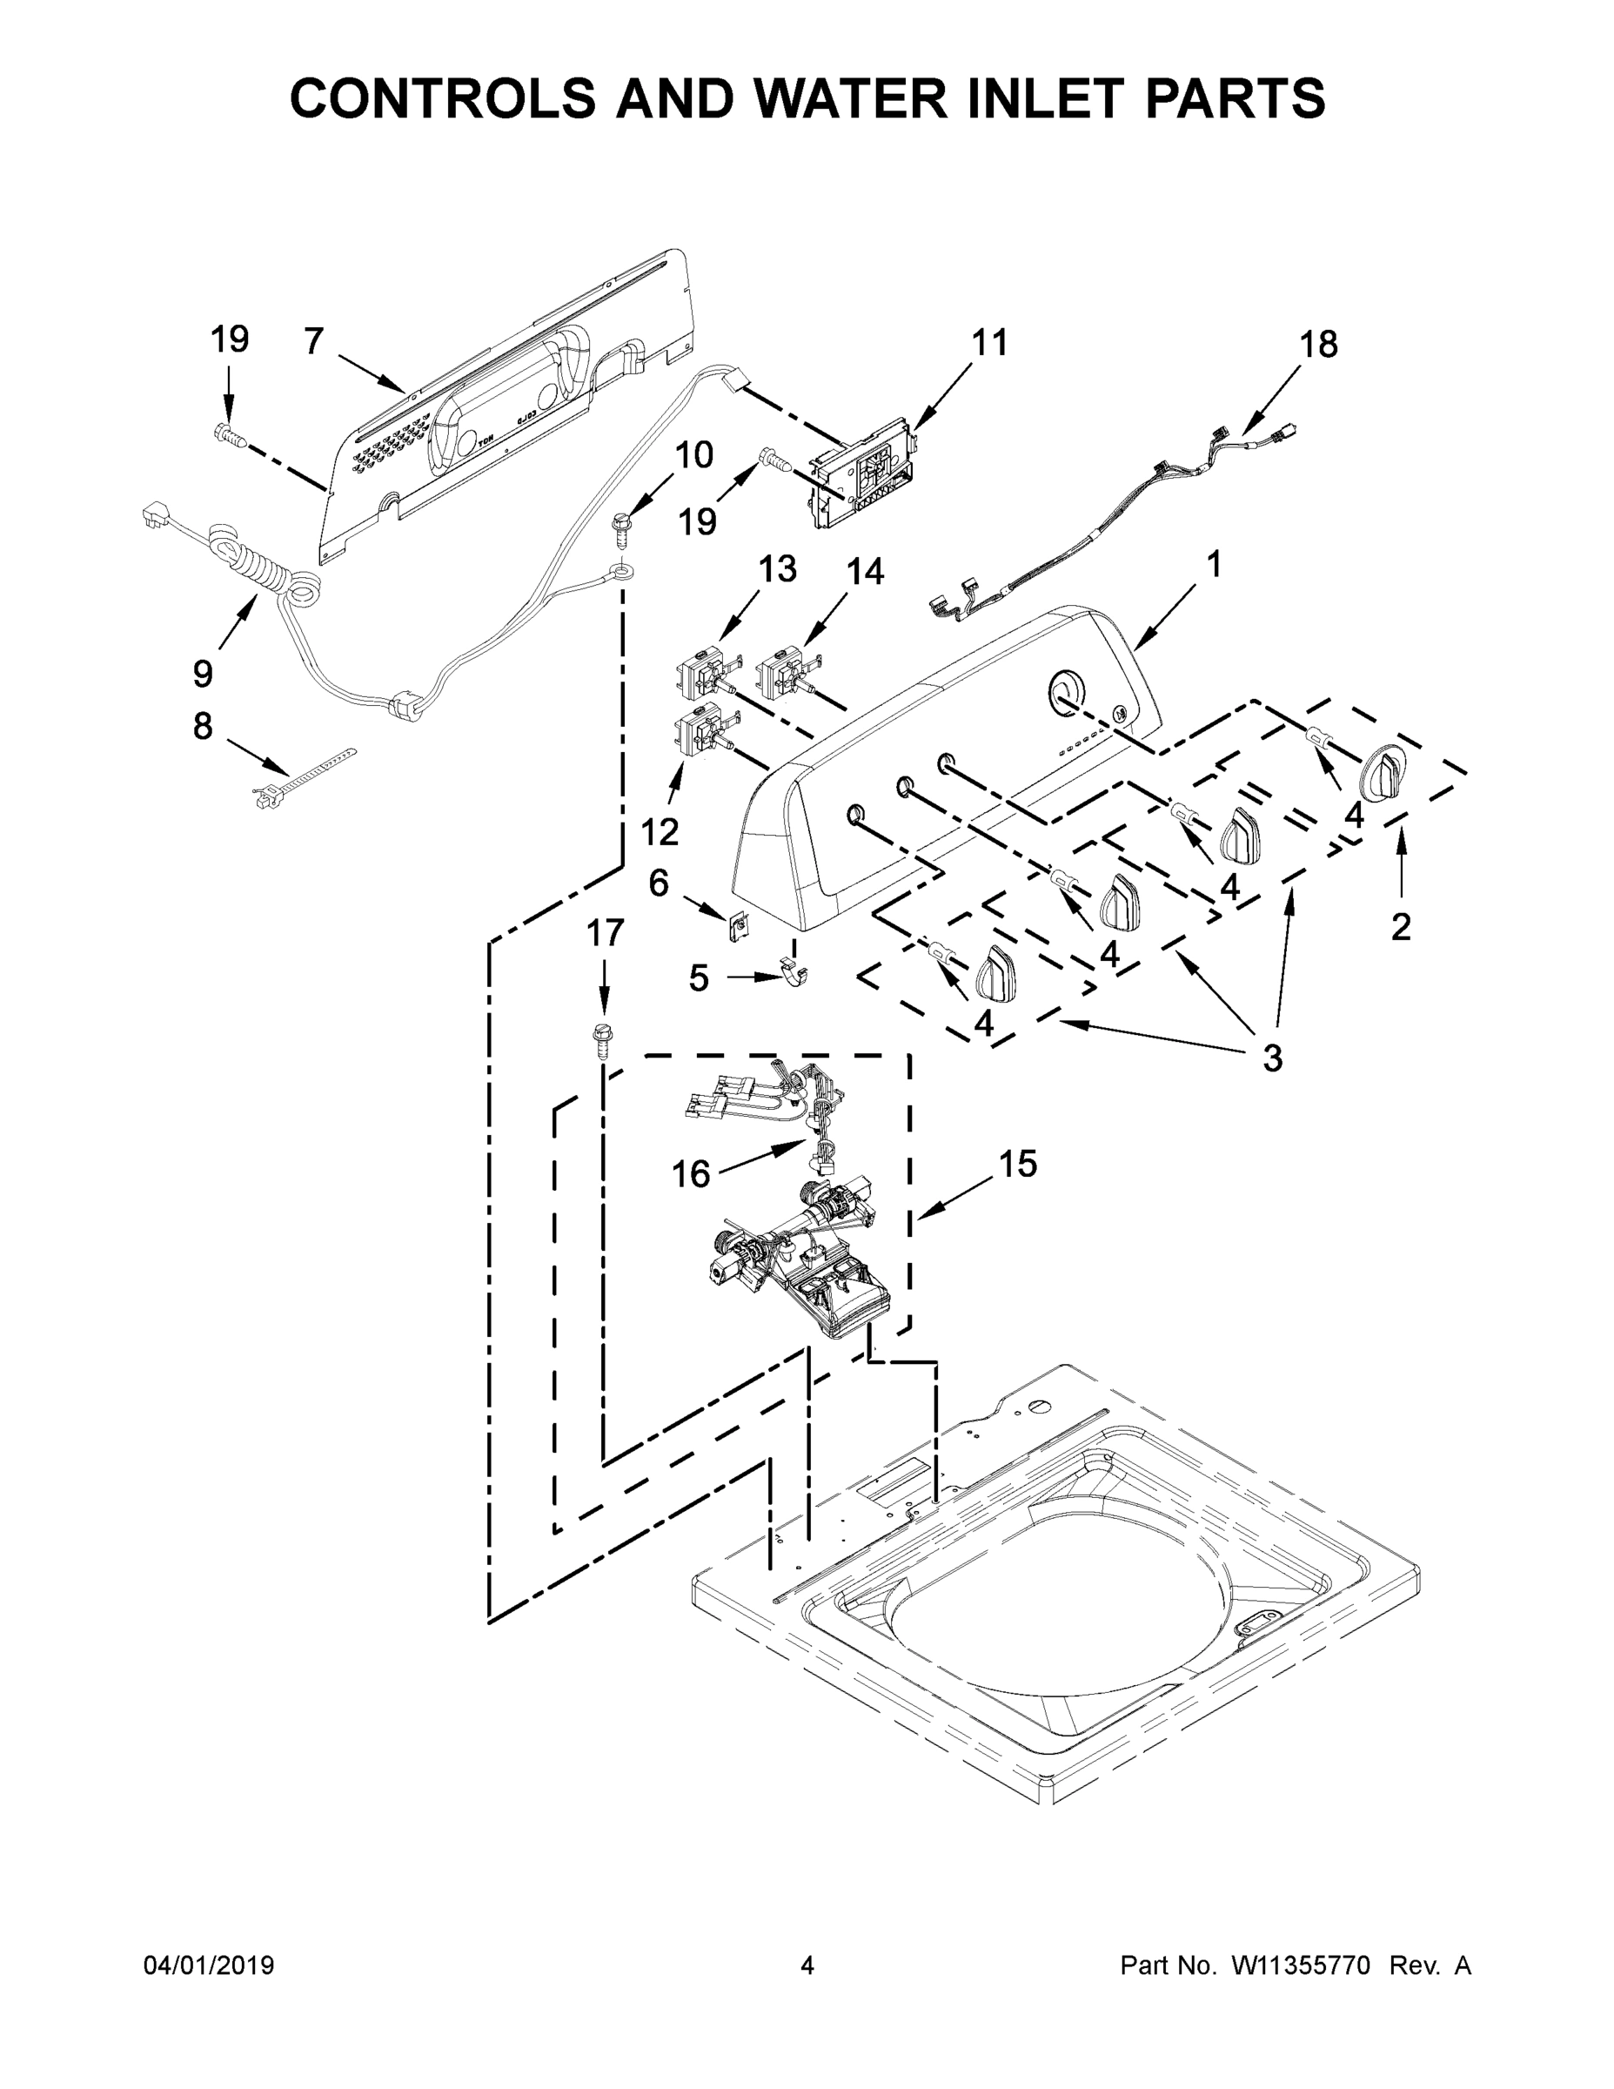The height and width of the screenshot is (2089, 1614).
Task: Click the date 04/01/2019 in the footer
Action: coord(209,1965)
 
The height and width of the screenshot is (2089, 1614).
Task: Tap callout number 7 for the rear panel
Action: coord(313,341)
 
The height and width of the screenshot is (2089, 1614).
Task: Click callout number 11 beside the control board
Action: coord(989,342)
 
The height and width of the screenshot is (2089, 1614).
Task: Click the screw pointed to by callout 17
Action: coord(602,1040)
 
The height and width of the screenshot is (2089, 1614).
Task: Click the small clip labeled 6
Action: coord(738,925)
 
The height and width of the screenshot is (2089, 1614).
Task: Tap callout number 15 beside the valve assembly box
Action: coord(1018,1164)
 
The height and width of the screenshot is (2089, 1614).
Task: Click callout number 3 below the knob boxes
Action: coord(1272,1058)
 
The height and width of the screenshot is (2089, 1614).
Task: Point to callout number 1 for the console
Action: coord(1214,564)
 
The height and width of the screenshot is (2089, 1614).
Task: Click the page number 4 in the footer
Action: coord(807,1965)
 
